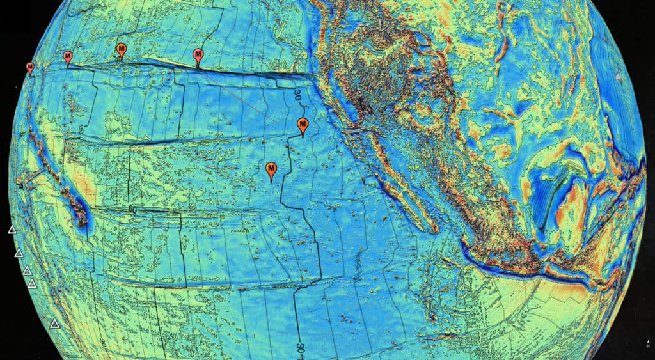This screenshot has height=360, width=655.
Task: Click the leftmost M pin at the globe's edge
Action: coord(30,68)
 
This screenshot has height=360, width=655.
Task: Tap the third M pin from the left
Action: coord(121,49)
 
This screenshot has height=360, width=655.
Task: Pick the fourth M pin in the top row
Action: coord(198,55)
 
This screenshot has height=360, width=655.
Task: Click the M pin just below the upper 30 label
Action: coord(303,125)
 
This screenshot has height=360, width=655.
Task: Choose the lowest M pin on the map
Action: coord(271,169)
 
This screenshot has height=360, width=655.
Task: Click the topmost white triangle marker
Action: coord(12,230)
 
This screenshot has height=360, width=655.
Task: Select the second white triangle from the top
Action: coord(19,253)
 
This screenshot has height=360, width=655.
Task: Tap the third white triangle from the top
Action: coord(27,270)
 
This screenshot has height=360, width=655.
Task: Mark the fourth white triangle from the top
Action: coord(32,283)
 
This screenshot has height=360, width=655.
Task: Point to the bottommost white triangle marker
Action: coord(55,324)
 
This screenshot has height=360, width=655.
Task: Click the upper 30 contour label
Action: coord(297,95)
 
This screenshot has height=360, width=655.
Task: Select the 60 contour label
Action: coord(133,209)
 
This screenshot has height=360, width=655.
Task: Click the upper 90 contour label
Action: coord(82,129)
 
